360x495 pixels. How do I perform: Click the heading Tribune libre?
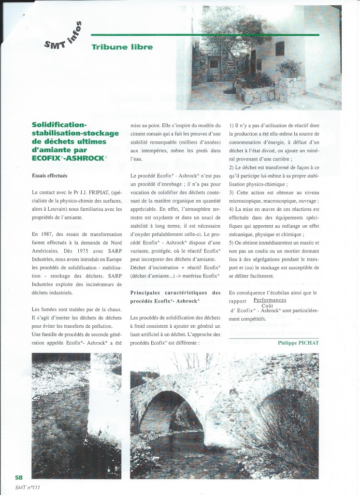click(x=122, y=47)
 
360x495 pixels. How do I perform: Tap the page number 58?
click(x=19, y=478)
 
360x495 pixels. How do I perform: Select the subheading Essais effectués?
click(x=50, y=176)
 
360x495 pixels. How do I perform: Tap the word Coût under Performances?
click(x=267, y=306)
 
